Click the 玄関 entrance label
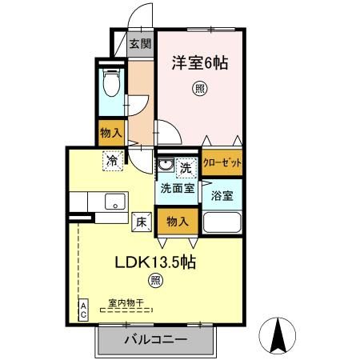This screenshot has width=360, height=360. pos(140,44)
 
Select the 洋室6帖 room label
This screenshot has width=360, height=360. pos(199,62)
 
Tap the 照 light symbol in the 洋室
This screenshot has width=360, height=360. pos(198,90)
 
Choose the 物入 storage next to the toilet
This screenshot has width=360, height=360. pos(110,134)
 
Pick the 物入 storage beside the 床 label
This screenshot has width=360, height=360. pos(178,222)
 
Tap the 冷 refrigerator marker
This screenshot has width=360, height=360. pos(113,160)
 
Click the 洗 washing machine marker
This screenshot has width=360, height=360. pos(185,168)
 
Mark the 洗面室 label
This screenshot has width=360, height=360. pos(177,189)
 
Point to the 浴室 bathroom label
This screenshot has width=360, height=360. pos(222,194)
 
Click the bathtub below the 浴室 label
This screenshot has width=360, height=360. pos(222,222)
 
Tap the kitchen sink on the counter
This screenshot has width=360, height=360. pos(112,201)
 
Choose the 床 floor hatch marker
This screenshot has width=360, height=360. pos(139,222)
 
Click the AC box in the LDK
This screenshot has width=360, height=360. pos(82,310)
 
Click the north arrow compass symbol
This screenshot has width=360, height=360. pos(281,334)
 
